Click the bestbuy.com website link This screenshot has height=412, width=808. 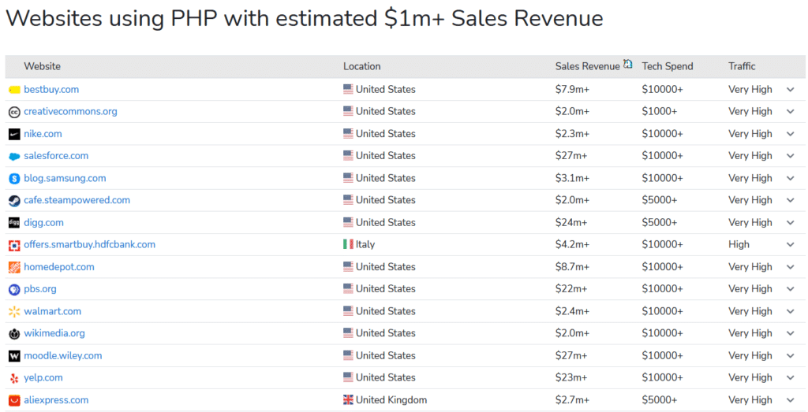click(x=51, y=89)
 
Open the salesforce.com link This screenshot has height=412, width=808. click(x=56, y=156)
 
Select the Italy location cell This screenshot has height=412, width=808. click(x=365, y=244)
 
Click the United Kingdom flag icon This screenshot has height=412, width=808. click(x=348, y=400)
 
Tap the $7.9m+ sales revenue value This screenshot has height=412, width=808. click(x=572, y=89)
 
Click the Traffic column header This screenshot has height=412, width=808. click(x=742, y=66)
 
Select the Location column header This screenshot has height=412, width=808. click(x=361, y=66)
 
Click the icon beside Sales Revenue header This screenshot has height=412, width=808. click(x=628, y=65)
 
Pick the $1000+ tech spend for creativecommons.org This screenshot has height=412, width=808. click(x=659, y=111)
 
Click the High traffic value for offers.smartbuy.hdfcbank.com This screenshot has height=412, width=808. click(x=739, y=244)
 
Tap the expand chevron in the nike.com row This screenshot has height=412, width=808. click(x=791, y=134)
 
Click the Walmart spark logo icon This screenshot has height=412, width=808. click(x=14, y=311)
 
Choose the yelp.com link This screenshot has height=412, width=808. click(x=43, y=377)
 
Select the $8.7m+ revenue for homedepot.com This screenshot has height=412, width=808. click(x=572, y=267)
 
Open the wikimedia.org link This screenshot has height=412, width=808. click(x=54, y=333)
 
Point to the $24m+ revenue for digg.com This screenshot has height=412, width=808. click(x=571, y=222)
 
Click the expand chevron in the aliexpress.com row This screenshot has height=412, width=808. click(x=791, y=400)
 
